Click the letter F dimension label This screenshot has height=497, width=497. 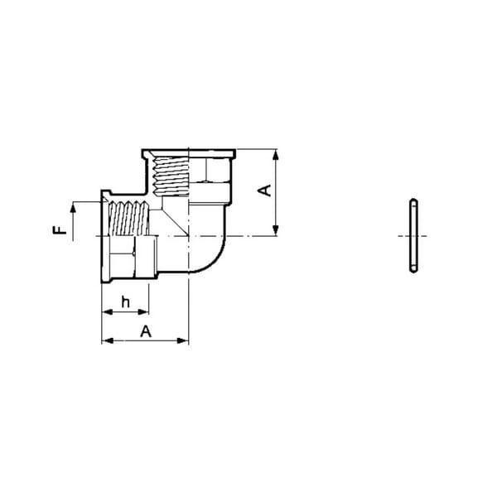click(x=60, y=229)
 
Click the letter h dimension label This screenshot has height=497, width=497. click(x=126, y=302)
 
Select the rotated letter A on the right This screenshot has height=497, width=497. click(x=265, y=191)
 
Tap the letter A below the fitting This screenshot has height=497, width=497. click(x=146, y=331)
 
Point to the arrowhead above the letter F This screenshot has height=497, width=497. click(x=73, y=208)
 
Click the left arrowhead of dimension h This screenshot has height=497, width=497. click(x=107, y=312)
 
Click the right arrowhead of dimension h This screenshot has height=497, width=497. click(x=143, y=312)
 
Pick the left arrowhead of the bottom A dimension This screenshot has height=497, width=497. click(x=108, y=340)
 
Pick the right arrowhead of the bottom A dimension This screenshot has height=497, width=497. click(x=182, y=340)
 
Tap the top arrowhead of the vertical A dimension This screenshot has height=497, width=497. click(x=276, y=156)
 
